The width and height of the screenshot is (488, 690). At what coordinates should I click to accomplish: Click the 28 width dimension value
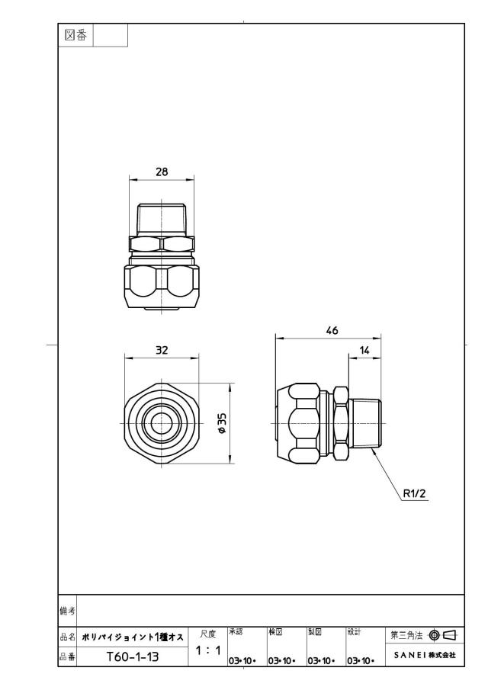[x=162, y=172]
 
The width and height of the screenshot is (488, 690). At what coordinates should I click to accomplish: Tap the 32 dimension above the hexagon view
[x=162, y=350]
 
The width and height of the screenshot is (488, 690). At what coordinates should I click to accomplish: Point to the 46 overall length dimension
[x=332, y=330]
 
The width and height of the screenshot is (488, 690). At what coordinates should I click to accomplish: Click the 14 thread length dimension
[x=364, y=350]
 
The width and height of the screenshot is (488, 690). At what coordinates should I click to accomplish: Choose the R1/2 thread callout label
[x=415, y=493]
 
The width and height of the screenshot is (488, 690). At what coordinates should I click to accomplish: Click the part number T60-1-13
[x=133, y=657]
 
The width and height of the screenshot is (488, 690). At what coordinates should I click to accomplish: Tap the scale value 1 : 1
[x=207, y=650]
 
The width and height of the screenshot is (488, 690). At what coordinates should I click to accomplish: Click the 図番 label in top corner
[x=75, y=35]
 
